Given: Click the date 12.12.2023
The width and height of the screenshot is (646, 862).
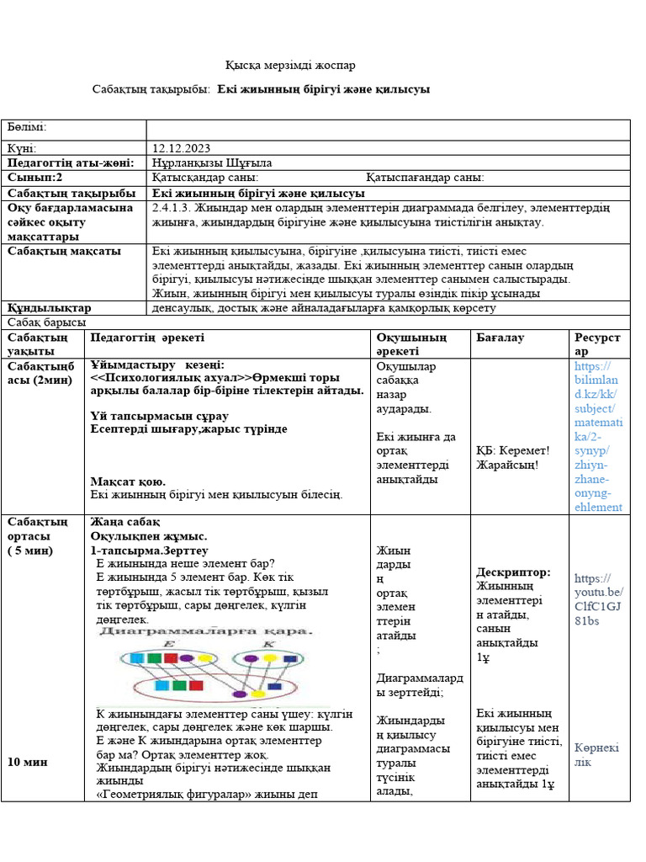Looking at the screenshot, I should click(181, 147).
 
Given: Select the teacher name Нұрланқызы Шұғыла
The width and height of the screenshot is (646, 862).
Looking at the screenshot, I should click(212, 162).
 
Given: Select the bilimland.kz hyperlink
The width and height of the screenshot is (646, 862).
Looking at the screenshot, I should click(598, 436).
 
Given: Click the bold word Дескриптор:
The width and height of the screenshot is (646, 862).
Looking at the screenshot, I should click(513, 572).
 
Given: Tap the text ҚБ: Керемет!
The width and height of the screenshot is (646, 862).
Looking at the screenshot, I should click(512, 450).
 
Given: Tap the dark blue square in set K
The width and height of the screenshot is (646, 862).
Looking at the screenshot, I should click(290, 658).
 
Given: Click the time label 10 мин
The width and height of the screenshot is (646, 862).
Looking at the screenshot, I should click(28, 761).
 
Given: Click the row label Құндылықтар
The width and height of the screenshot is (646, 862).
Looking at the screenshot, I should click(49, 308).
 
